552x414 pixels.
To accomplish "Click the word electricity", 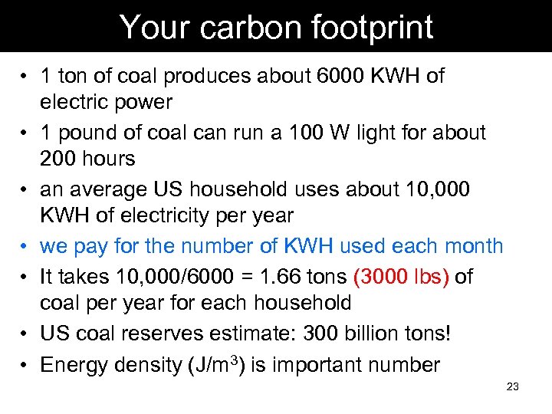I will click(x=168, y=215).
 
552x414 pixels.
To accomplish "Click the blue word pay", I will click(x=93, y=246).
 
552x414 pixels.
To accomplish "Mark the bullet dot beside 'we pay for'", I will click(x=25, y=246).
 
